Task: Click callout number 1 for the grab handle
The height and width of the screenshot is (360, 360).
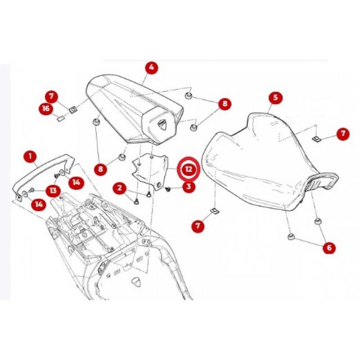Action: [x=30, y=157]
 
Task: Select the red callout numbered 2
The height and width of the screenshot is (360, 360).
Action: [x=119, y=188]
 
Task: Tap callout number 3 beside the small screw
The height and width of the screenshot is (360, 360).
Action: [x=189, y=186]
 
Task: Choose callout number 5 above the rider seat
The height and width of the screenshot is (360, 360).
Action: [x=275, y=97]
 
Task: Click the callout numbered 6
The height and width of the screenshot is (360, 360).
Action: [x=329, y=248]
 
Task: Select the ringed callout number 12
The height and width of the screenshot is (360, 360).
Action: [x=189, y=169]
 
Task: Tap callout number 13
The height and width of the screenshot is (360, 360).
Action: [x=53, y=190]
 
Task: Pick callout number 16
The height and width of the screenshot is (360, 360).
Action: [x=46, y=108]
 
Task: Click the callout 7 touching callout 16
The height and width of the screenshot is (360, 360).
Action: [x=51, y=96]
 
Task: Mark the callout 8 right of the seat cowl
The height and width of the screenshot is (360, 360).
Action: [x=225, y=103]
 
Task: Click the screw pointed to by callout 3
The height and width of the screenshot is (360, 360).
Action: [x=167, y=189]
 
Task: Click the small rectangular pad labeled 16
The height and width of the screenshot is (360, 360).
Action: [x=60, y=119]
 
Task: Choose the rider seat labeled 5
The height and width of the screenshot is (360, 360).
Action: [x=269, y=163]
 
